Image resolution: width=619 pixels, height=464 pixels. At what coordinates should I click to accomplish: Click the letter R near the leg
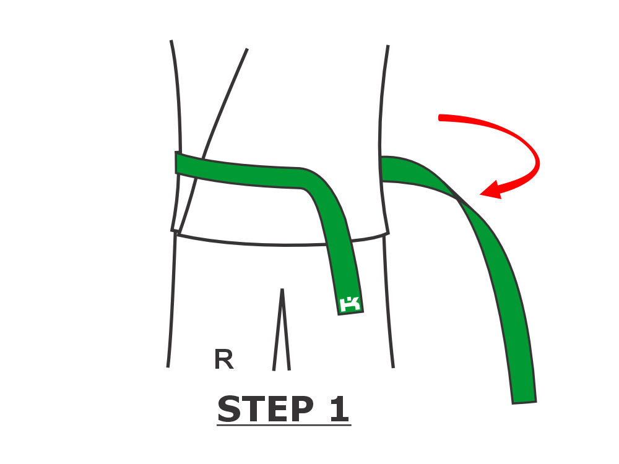click(x=224, y=359)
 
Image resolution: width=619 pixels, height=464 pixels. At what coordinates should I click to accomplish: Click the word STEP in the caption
click(x=266, y=409)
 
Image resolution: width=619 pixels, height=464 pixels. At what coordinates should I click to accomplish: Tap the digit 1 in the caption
click(x=339, y=409)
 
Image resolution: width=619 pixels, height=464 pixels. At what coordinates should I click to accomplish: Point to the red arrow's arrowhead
click(x=491, y=190)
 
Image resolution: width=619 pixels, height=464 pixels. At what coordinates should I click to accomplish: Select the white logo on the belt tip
click(x=350, y=303)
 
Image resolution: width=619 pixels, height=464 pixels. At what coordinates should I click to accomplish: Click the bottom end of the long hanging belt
click(x=524, y=403)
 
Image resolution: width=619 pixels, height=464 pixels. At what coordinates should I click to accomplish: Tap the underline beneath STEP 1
click(x=284, y=426)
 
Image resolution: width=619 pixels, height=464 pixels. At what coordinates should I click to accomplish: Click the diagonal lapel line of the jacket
click(x=212, y=140)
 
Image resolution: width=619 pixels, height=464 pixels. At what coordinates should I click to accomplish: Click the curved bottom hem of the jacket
click(x=282, y=241)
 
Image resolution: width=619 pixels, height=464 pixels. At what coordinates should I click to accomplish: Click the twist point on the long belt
click(x=458, y=199)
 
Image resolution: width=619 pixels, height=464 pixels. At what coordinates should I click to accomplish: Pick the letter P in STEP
click(x=302, y=409)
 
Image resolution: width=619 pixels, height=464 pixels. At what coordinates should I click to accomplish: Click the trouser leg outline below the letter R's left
click(x=171, y=300)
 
